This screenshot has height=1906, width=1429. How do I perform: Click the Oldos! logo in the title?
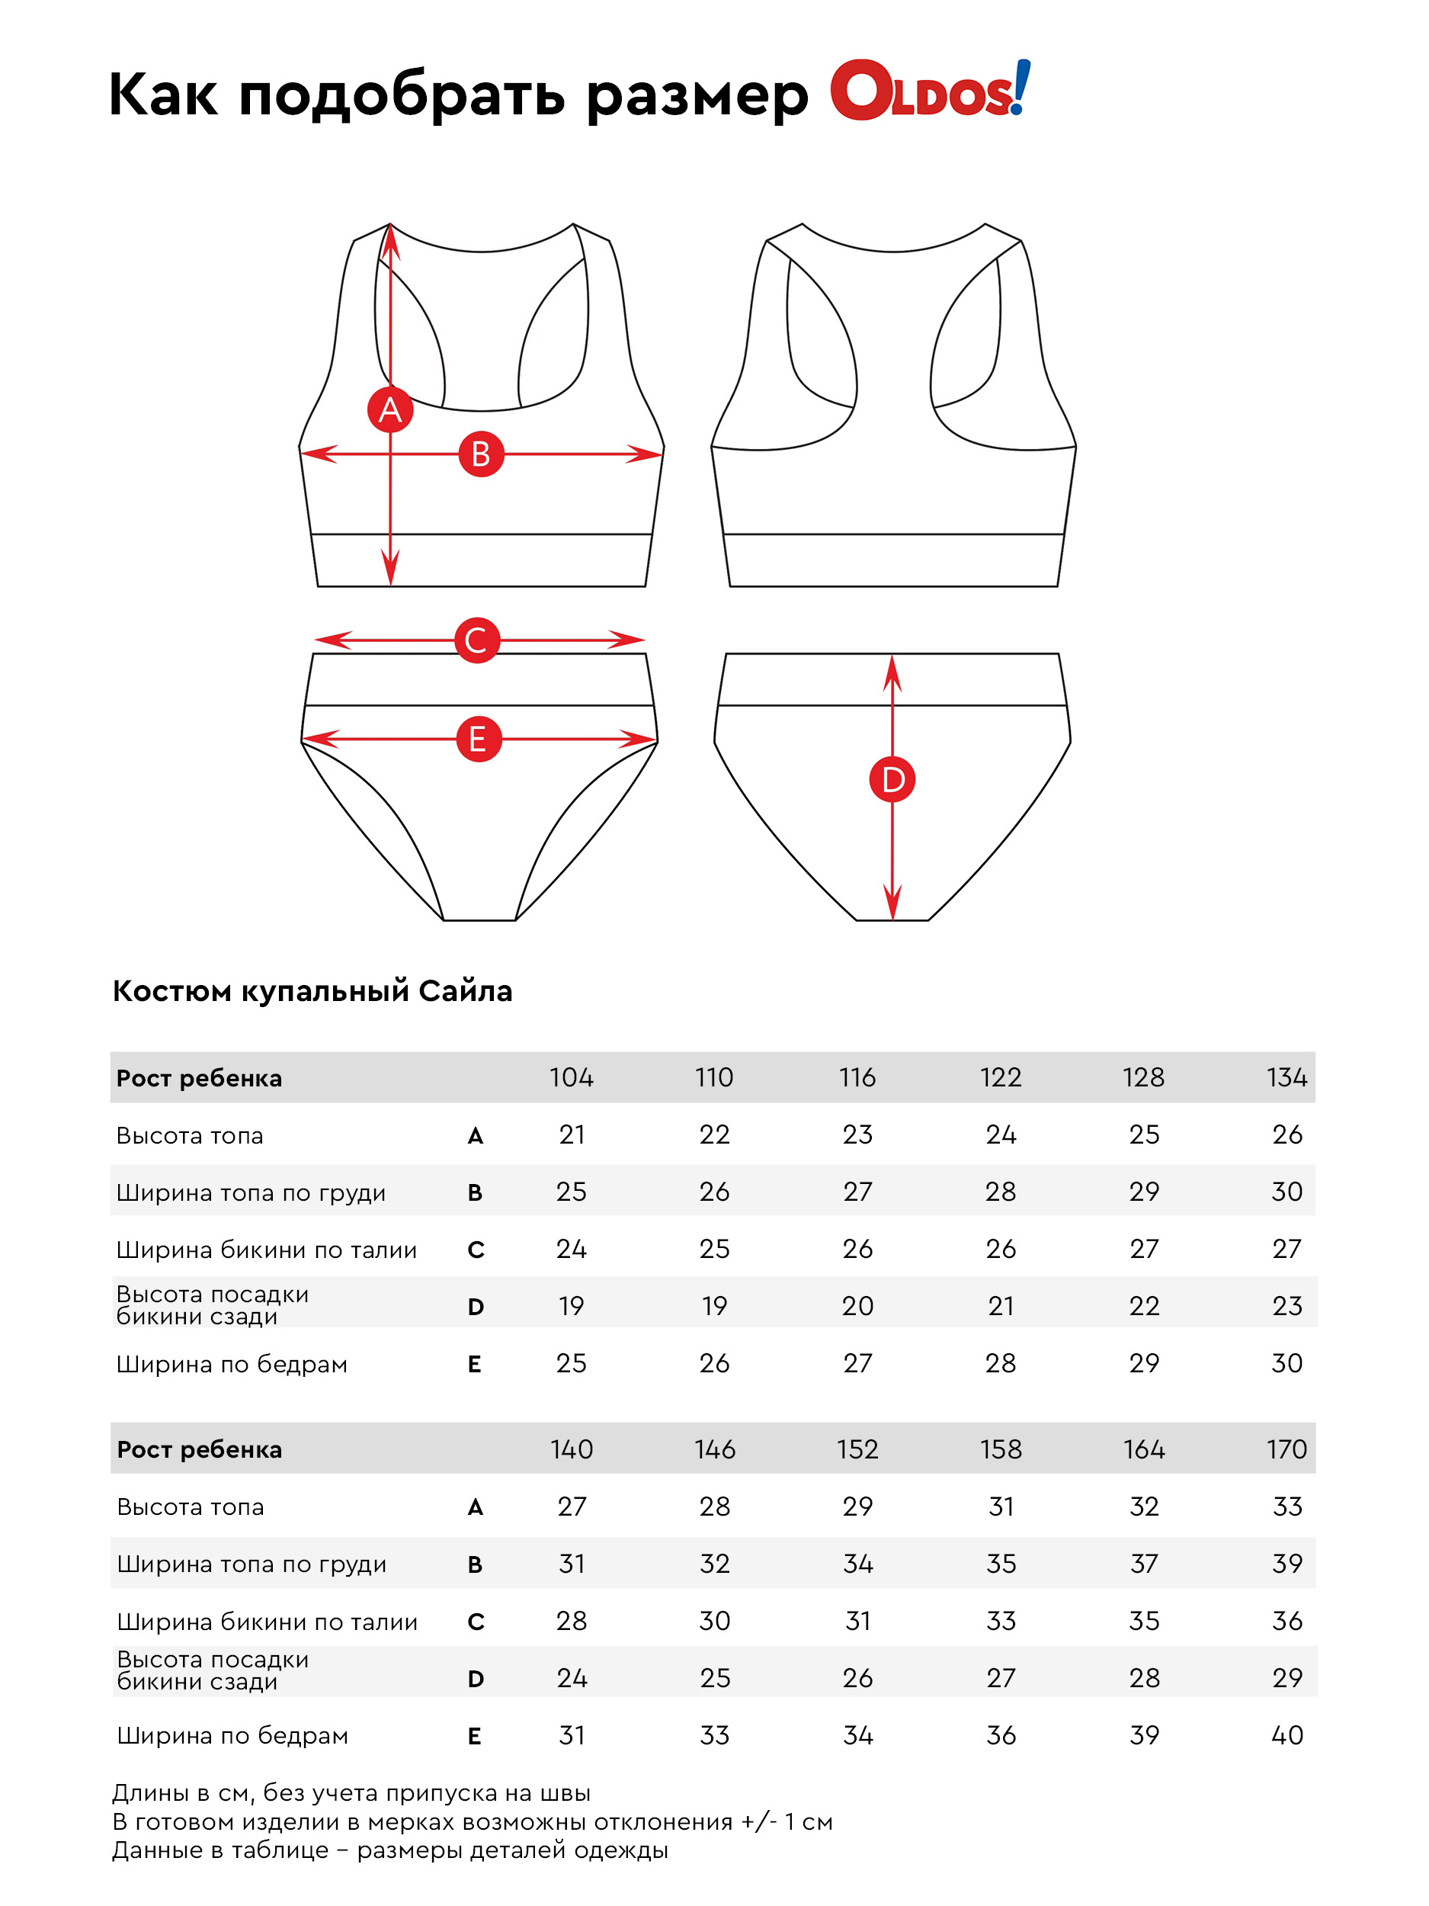pyautogui.click(x=929, y=91)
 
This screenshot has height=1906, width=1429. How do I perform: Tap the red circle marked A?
pyautogui.click(x=390, y=409)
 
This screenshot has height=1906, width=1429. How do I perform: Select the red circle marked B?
pyautogui.click(x=481, y=454)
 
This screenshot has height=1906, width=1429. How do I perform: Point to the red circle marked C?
pyautogui.click(x=476, y=640)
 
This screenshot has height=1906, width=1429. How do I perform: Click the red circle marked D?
pyautogui.click(x=892, y=780)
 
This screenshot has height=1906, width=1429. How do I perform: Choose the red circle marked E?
pyautogui.click(x=478, y=740)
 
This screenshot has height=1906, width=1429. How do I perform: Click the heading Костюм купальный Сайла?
pyautogui.click(x=312, y=991)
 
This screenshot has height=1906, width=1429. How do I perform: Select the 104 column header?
pyautogui.click(x=571, y=1077)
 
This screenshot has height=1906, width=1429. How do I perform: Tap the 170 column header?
pyautogui.click(x=1286, y=1449)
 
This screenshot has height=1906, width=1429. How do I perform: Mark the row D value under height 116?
pyautogui.click(x=857, y=1306)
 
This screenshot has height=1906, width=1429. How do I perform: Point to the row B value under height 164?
pyautogui.click(x=1144, y=1564)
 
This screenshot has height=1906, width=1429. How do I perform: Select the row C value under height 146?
pyautogui.click(x=714, y=1621)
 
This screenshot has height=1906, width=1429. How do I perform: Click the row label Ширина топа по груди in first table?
pyautogui.click(x=251, y=1192)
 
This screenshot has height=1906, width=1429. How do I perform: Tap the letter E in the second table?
pyautogui.click(x=475, y=1736)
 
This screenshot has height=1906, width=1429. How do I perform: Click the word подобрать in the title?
pyautogui.click(x=402, y=95)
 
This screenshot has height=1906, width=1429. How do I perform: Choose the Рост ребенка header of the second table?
pyautogui.click(x=199, y=1449)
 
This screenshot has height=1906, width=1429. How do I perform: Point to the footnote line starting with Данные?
pyautogui.click(x=389, y=1850)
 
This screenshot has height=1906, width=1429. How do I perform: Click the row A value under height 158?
pyautogui.click(x=1001, y=1507)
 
